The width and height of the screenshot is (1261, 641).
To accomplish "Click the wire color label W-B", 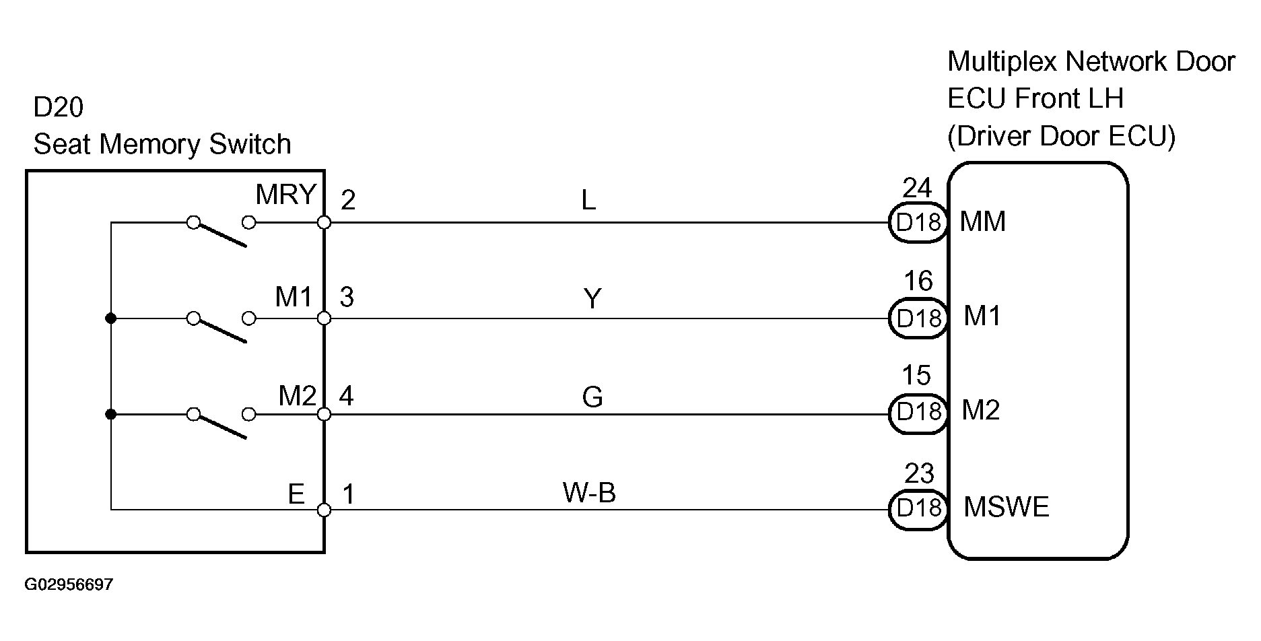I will click(x=589, y=494).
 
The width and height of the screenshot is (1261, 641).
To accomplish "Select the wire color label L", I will click(x=588, y=200).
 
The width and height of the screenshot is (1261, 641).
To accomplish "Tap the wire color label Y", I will click(x=592, y=298).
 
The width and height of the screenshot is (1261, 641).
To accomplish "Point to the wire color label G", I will click(x=592, y=397).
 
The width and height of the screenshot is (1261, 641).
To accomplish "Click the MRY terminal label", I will click(x=285, y=195).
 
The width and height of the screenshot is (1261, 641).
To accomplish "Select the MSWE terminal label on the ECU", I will click(x=1006, y=507).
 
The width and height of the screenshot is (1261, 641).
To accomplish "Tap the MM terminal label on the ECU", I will click(x=982, y=222).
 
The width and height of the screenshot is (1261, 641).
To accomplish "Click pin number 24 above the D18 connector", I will click(x=917, y=187).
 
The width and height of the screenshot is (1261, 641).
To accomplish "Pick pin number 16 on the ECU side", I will click(x=918, y=281).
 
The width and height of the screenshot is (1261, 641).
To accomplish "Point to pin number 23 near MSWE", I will click(x=919, y=475).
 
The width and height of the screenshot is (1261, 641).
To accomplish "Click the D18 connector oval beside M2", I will click(x=918, y=411).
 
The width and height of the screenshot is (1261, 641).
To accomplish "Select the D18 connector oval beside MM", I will click(x=918, y=222).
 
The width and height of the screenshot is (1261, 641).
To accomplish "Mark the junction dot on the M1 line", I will click(x=111, y=318).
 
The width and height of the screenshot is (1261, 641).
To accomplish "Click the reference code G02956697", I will click(x=69, y=584).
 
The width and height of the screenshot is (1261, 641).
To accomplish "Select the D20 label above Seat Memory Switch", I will click(x=59, y=108).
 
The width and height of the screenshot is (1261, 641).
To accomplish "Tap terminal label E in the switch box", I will click(x=296, y=494).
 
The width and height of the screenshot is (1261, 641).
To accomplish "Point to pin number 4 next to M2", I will click(x=346, y=396).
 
